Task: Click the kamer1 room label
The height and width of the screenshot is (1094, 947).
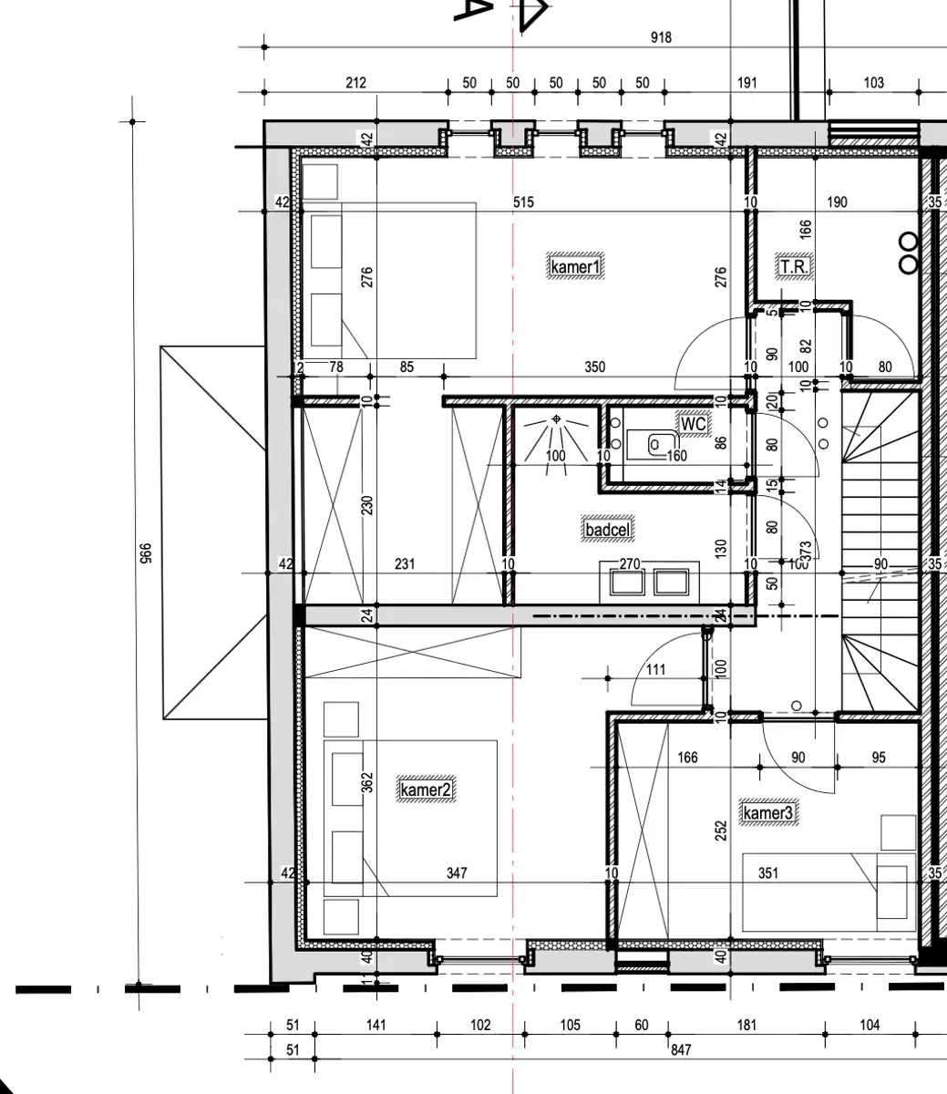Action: click(x=577, y=267)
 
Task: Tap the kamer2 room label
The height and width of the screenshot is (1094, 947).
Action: click(x=426, y=790)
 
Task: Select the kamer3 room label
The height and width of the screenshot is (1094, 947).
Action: click(x=769, y=813)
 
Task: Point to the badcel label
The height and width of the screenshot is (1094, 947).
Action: click(x=608, y=529)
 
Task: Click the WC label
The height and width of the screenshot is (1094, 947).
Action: click(x=693, y=424)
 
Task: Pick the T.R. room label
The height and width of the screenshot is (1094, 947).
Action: click(x=794, y=266)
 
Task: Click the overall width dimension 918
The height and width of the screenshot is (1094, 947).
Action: click(x=661, y=37)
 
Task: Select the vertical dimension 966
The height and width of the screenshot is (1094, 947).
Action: click(x=143, y=553)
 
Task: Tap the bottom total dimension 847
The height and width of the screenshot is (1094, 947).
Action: click(x=680, y=1050)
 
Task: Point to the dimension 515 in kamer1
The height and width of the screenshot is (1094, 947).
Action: click(x=522, y=202)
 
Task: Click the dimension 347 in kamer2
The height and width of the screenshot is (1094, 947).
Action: click(x=457, y=873)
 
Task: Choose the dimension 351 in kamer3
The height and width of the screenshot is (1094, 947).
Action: click(x=768, y=873)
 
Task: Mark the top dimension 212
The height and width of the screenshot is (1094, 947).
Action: click(x=355, y=83)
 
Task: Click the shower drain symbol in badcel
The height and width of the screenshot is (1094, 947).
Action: click(x=555, y=420)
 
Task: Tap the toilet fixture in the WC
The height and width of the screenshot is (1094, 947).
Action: click(x=655, y=444)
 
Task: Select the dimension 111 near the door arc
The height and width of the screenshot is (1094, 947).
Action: click(x=655, y=670)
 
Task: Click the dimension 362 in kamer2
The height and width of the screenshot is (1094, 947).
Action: click(x=368, y=783)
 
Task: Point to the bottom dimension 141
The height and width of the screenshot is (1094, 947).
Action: click(x=376, y=1025)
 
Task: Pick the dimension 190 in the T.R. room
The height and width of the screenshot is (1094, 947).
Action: click(x=837, y=202)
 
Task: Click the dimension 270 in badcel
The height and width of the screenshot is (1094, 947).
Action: click(x=630, y=564)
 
